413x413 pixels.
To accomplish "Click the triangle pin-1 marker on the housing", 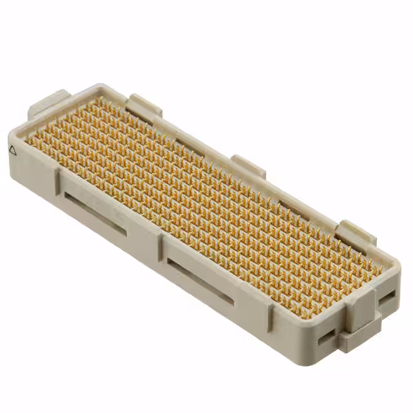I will pyautogui.click(x=12, y=149).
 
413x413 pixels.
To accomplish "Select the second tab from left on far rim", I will pyautogui.click(x=144, y=106).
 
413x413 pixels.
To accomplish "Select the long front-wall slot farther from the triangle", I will pyautogui.click(x=200, y=279).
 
